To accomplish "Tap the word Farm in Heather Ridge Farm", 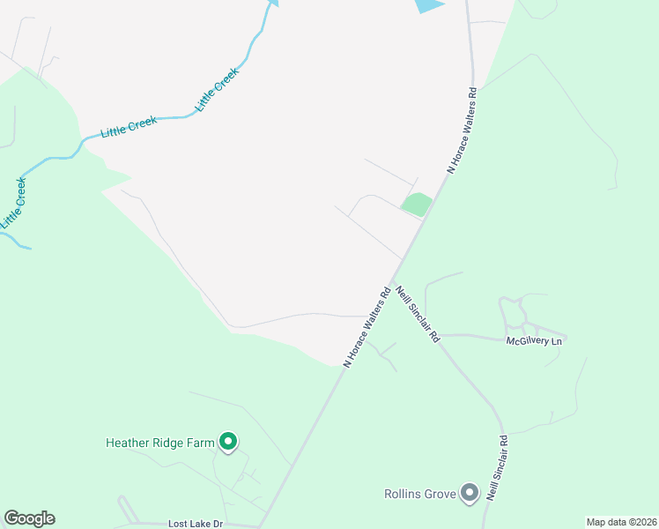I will coord(199,443).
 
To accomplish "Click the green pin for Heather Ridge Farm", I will coord(228,441).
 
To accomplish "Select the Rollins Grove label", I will coord(419,494).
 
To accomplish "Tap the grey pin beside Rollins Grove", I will coord(470,493).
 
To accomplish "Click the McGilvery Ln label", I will coord(533,340).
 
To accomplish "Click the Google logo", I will coord(29,518).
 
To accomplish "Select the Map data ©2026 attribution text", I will coord(621,522).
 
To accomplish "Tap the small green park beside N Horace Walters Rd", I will coord(416,205).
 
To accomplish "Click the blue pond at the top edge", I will coord(428,4).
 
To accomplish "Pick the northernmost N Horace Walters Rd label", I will coord(463,128).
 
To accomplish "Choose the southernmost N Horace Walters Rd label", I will coord(367,325).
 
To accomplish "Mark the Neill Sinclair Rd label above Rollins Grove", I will coord(503,464).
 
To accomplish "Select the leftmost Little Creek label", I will coord(13,203).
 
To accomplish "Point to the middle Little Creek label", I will coord(129,127).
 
